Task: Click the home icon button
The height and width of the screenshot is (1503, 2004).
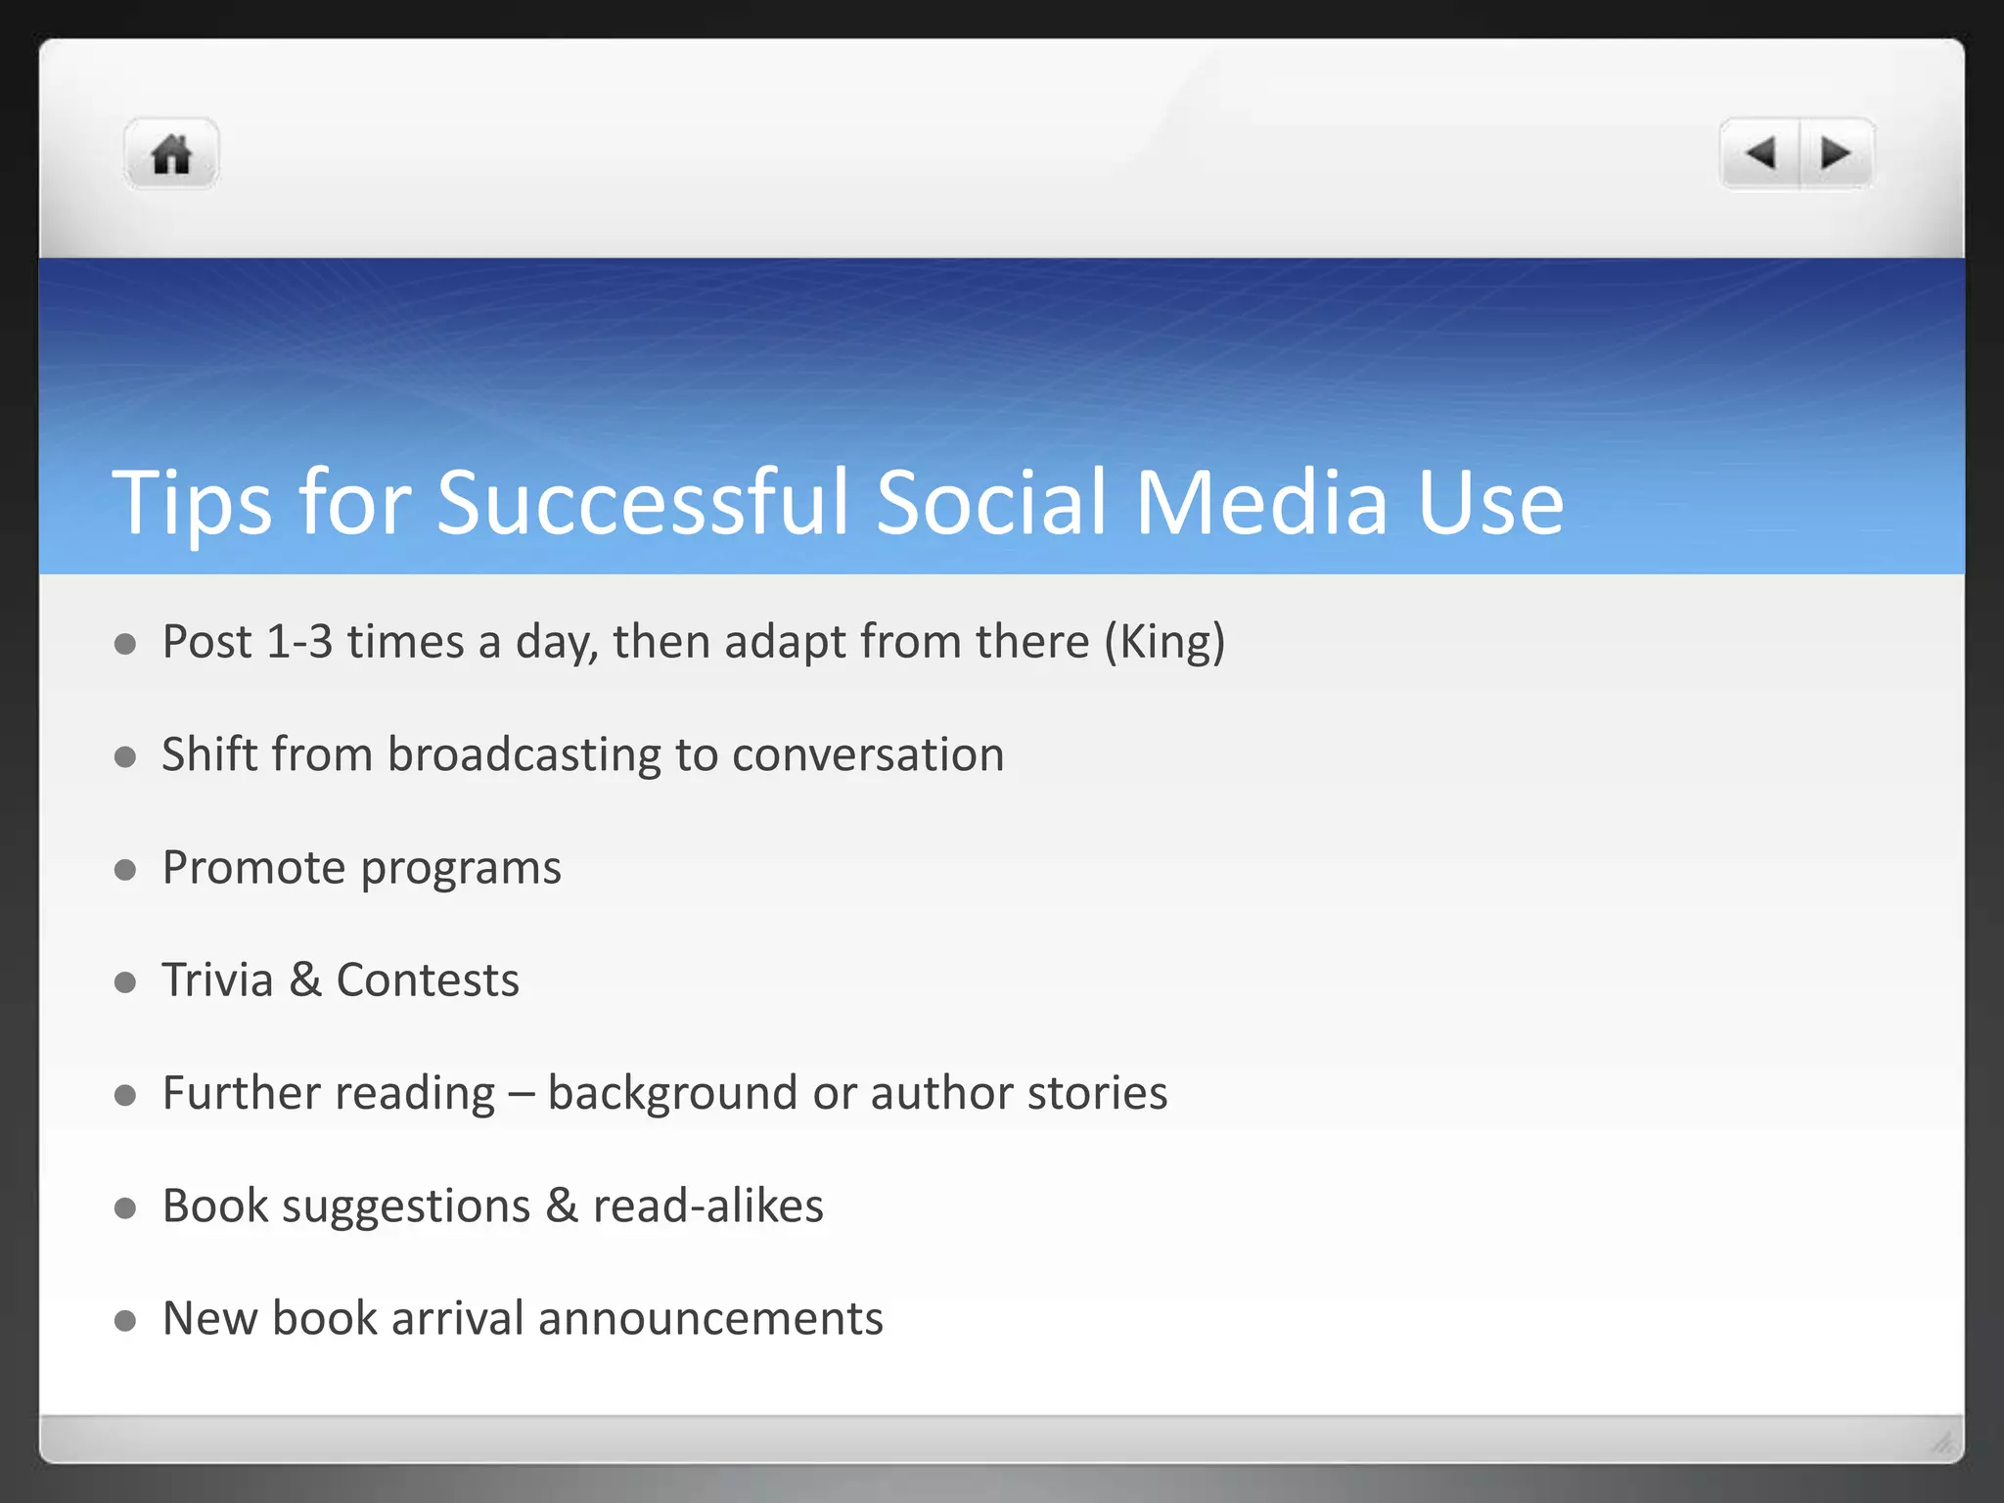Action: click(171, 154)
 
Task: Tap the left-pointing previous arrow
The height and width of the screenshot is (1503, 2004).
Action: click(1760, 154)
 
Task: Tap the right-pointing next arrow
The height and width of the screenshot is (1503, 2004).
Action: click(1835, 154)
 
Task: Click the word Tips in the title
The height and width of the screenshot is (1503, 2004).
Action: click(192, 503)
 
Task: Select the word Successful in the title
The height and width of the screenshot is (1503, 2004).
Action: click(642, 503)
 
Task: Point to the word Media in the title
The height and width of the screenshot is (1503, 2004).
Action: click(1261, 503)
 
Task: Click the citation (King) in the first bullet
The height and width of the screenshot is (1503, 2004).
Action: click(1164, 642)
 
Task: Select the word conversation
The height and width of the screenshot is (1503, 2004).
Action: click(868, 754)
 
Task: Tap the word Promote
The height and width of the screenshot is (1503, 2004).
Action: click(253, 868)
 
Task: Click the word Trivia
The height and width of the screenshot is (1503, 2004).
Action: click(217, 979)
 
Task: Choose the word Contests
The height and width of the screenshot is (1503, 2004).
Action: click(428, 979)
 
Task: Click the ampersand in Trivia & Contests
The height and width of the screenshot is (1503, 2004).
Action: click(305, 979)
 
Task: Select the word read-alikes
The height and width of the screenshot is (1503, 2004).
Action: click(708, 1206)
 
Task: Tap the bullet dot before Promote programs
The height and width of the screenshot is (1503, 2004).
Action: click(124, 870)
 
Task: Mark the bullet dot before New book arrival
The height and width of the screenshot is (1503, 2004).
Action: click(124, 1321)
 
